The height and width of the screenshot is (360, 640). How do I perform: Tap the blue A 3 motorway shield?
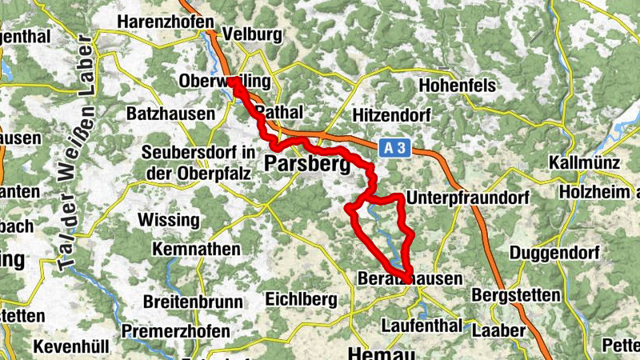coord(390,147)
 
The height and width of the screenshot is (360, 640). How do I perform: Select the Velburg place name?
coord(254,34)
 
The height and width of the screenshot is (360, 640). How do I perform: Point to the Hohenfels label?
coord(458,86)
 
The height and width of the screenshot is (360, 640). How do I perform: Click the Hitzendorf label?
coord(390,115)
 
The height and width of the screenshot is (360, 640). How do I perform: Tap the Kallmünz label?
coord(586,163)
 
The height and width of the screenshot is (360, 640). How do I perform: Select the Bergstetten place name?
coord(516,295)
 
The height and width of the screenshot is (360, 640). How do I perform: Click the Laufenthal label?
coord(422,326)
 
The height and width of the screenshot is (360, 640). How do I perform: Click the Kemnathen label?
coord(195,250)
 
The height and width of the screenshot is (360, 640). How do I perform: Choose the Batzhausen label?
coord(170,114)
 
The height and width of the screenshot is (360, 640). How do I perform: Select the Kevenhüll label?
coord(70,348)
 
